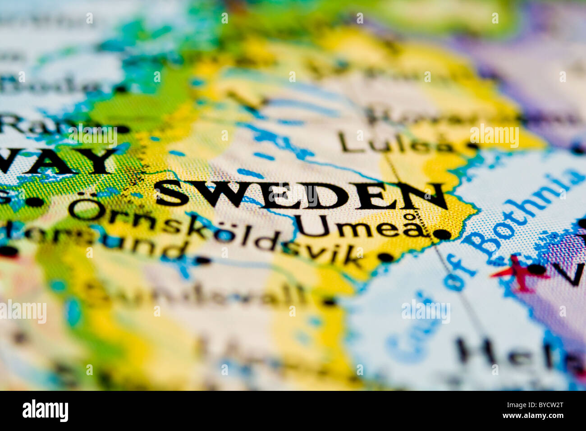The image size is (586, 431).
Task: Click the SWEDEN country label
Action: coord(301,195)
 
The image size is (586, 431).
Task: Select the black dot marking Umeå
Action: coord(442,234)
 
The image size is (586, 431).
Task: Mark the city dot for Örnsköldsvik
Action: coord(385,257)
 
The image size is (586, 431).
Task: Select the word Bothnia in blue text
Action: coord(523,212)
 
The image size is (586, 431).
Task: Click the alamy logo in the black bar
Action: coord(45,411)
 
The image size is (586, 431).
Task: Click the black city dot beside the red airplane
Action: coord(536,269)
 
